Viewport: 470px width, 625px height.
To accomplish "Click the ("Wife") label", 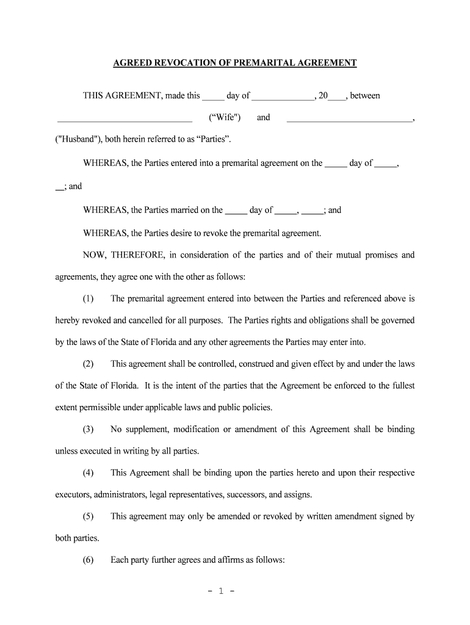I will coord(225,117).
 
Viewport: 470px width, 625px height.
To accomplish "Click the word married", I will coord(161,210).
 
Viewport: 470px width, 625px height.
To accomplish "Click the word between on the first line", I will coord(365,95).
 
